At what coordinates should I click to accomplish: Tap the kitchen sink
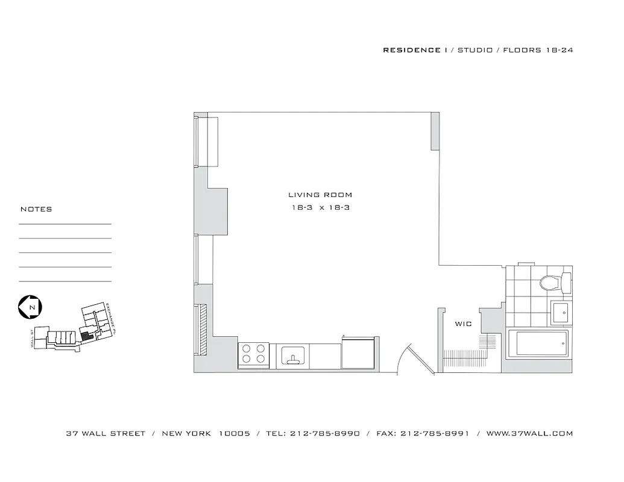[x=293, y=356]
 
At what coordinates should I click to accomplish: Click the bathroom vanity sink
[x=561, y=311]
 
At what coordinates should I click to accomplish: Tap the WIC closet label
[x=463, y=324]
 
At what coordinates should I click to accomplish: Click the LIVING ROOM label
[x=320, y=195]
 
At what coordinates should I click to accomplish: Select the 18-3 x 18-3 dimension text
[x=320, y=208]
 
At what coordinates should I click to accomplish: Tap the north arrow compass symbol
[x=29, y=307]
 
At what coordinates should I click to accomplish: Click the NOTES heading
[x=36, y=210]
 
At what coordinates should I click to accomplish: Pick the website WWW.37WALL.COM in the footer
[x=529, y=433]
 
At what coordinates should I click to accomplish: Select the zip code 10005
[x=235, y=433]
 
